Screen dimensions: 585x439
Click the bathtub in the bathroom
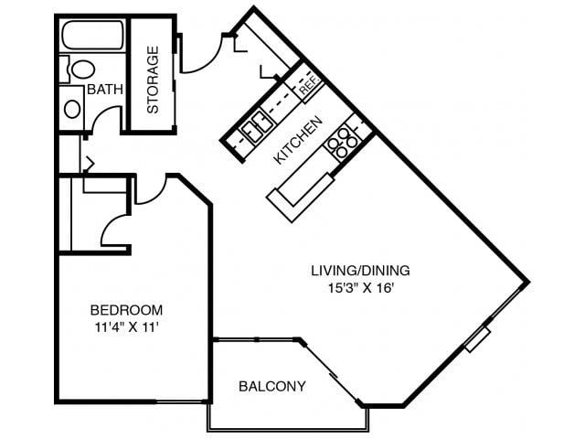coord(93,35)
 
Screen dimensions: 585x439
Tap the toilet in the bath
coord(80,70)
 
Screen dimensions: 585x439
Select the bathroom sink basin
coord(72,109)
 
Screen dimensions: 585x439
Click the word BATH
coord(105,90)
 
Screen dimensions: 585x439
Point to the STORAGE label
coord(153,80)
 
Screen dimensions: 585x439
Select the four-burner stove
coord(344,143)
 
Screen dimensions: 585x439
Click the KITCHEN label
coord(297,140)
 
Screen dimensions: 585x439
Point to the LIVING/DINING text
coord(360,271)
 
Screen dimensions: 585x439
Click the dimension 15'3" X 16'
coord(361,289)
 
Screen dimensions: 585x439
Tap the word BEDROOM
coord(126,310)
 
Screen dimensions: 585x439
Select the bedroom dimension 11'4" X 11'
coord(127,327)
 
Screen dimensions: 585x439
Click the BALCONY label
coord(272,386)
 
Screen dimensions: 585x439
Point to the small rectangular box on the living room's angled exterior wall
coord(477,339)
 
